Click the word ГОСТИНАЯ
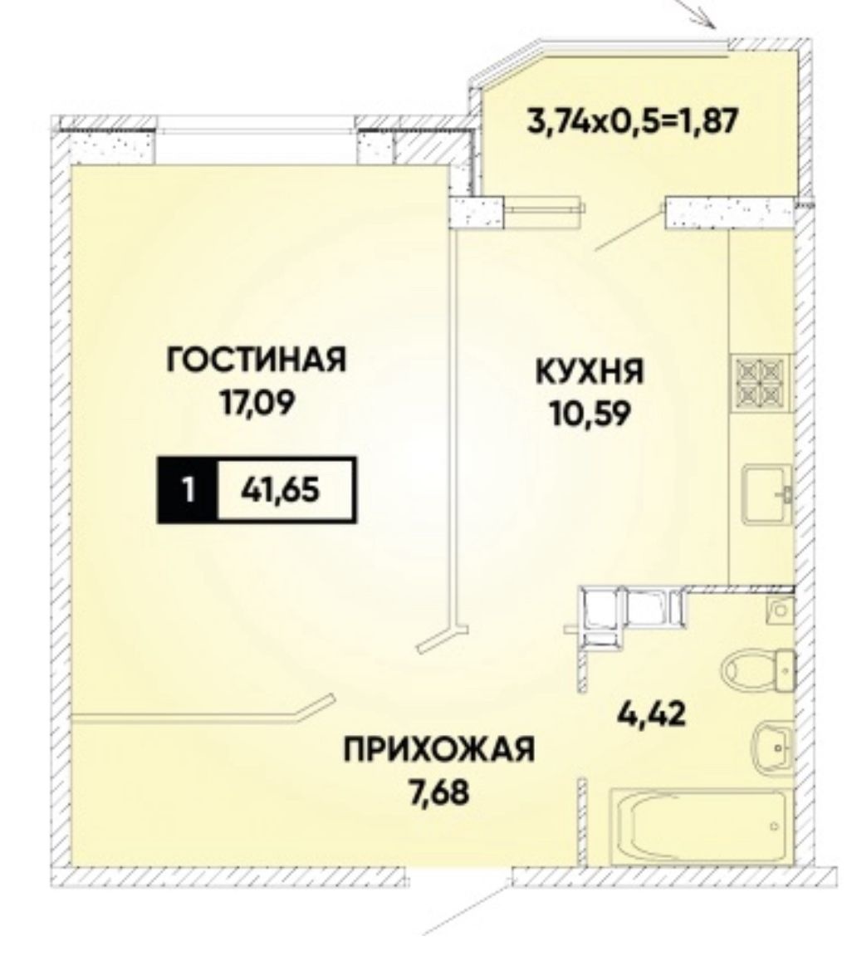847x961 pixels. pos(257,360)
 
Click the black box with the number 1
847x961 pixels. pos(188,490)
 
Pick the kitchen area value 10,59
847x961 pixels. pos(590,415)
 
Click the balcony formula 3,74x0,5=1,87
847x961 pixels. pos(631,121)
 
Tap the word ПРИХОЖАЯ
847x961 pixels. pos(438,749)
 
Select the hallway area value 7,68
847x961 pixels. pos(438,792)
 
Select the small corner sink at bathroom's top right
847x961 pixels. pos(781,610)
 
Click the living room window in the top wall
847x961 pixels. pos(255,130)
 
